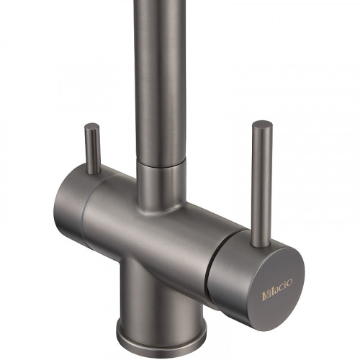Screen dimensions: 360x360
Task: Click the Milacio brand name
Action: [277, 289]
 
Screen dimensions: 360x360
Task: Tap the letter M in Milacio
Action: [265, 296]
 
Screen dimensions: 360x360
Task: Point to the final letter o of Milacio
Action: [289, 282]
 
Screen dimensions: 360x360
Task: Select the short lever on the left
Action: [92, 149]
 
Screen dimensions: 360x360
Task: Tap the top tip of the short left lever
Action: [92, 124]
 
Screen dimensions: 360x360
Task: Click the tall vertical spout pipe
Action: [159, 81]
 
